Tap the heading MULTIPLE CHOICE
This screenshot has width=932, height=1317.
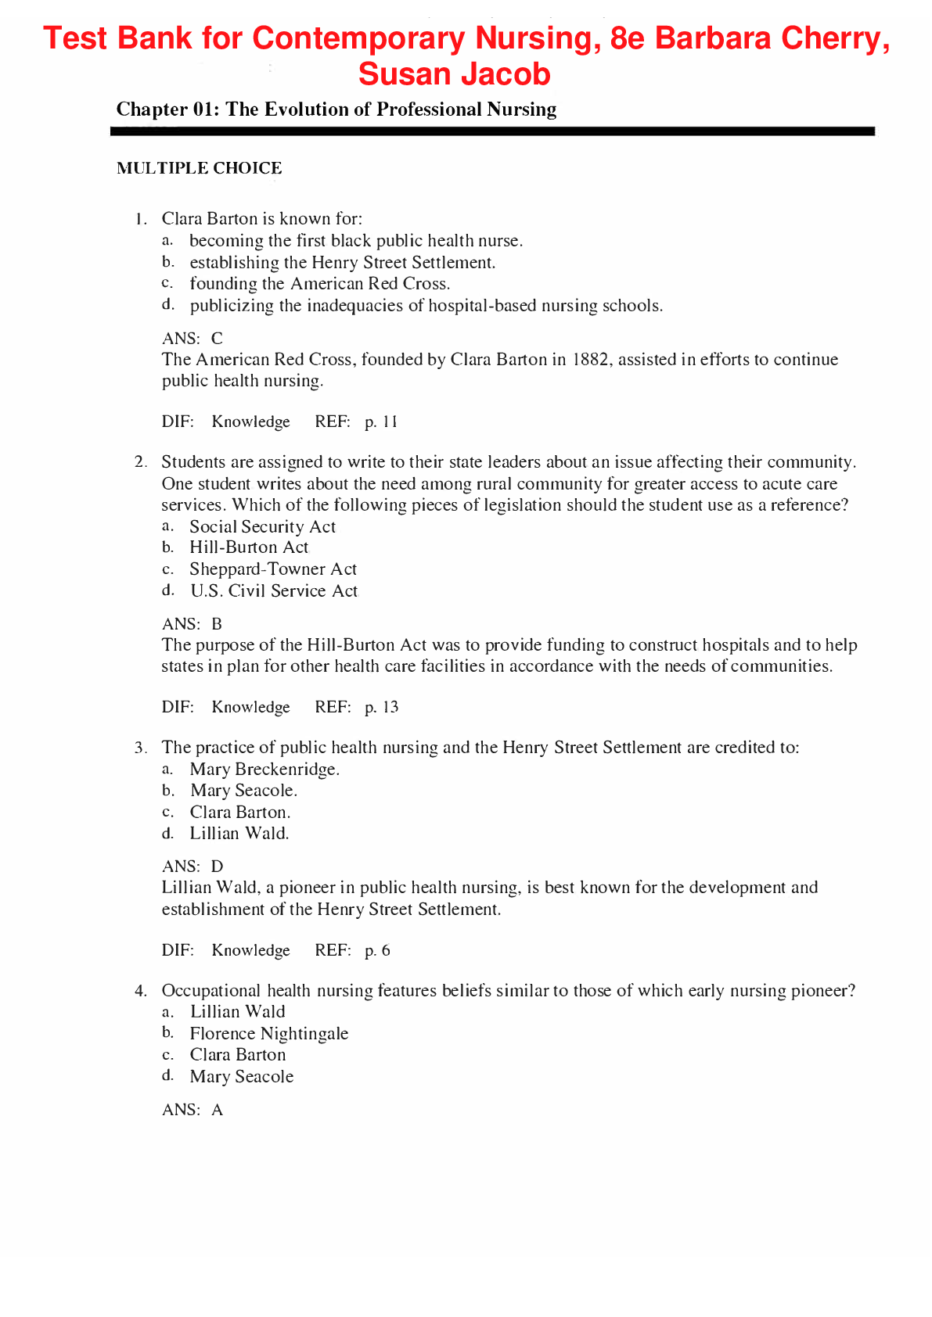point(199,168)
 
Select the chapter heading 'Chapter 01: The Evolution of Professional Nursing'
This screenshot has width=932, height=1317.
point(336,109)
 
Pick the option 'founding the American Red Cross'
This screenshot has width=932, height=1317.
point(319,284)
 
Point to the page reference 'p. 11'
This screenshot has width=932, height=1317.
point(381,422)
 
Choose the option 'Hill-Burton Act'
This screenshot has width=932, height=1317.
point(249,547)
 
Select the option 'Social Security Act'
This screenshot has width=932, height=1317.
point(262,527)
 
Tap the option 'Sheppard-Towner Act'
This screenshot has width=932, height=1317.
point(272,569)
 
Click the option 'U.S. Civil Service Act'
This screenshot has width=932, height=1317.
point(273,591)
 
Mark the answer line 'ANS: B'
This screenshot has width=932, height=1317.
point(192,624)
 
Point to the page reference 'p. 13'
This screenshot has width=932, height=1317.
point(381,708)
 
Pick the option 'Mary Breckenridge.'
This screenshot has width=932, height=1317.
point(264,770)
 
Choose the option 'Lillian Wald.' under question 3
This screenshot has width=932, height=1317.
point(239,834)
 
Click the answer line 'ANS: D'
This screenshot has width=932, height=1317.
point(193,867)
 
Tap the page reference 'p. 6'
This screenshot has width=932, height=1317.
point(377,951)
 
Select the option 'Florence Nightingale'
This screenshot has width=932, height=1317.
point(268,1034)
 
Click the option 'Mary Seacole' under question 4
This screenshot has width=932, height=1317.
point(241,1077)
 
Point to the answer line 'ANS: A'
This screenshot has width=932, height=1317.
point(193,1111)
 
